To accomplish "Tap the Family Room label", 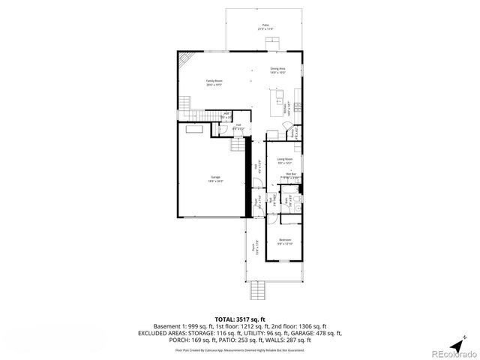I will pyautogui.click(x=214, y=83).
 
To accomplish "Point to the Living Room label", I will pyautogui.click(x=285, y=160).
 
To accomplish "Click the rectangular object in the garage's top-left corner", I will pyautogui.click(x=195, y=130).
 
